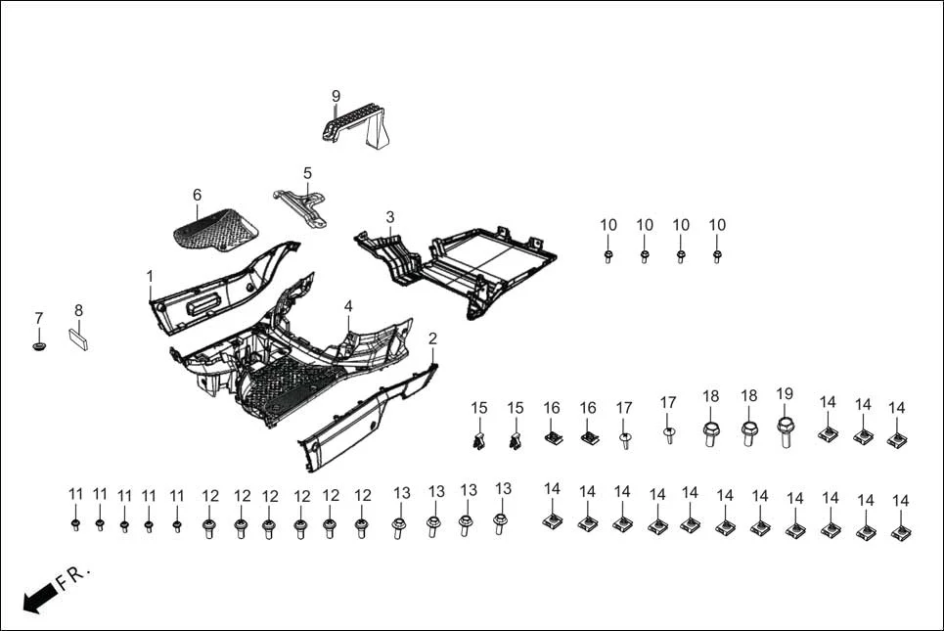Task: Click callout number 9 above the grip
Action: [x=336, y=96]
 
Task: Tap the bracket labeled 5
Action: [x=301, y=205]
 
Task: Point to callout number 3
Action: [x=389, y=216]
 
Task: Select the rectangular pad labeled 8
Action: [x=79, y=338]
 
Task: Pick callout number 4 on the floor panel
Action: [x=348, y=306]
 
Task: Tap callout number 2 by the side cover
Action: [x=432, y=338]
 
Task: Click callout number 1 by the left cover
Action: [x=150, y=277]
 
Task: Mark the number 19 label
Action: [x=785, y=394]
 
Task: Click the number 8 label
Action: [x=78, y=310]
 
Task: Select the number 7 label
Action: [x=39, y=318]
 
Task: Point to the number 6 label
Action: [x=197, y=195]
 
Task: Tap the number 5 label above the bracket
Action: [x=307, y=173]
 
